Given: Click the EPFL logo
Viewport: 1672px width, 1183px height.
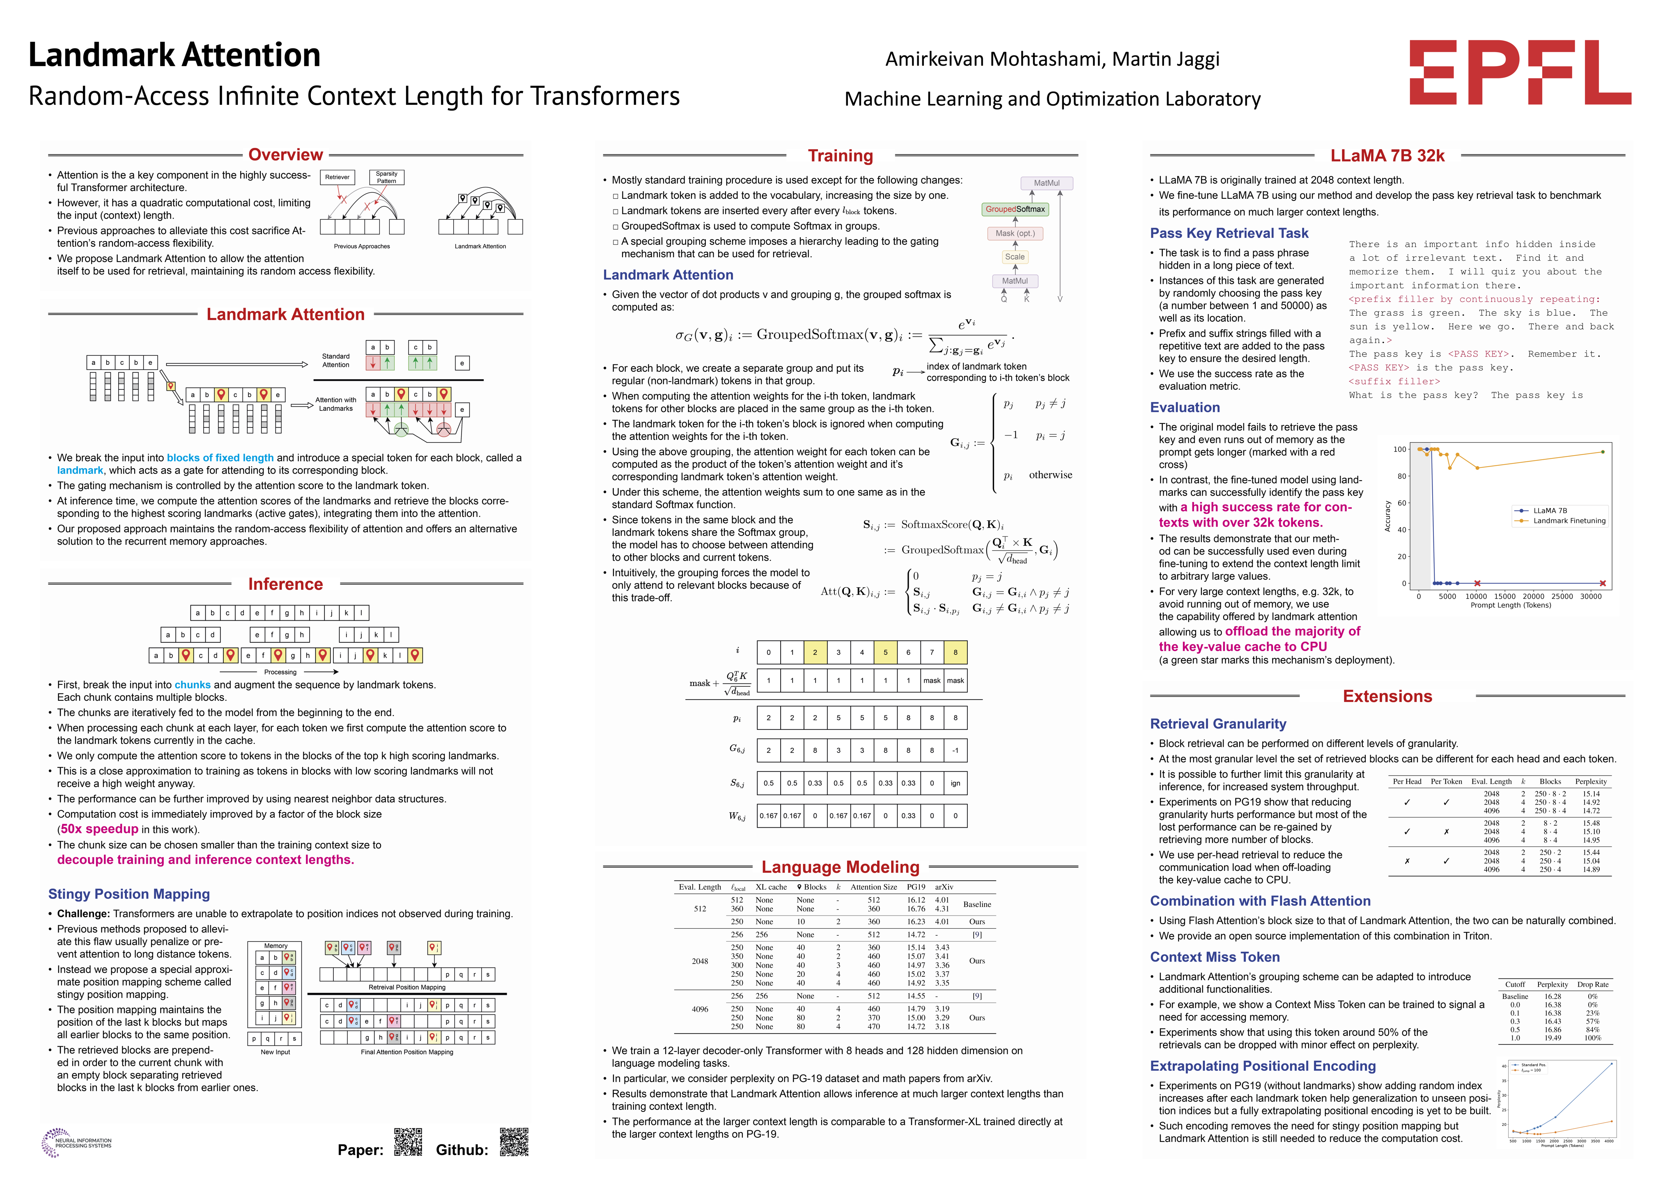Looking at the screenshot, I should pyautogui.click(x=1520, y=72).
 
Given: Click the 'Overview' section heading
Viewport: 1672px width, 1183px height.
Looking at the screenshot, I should pyautogui.click(x=285, y=154).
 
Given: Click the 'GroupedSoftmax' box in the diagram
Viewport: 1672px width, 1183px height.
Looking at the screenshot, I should pyautogui.click(x=1015, y=209).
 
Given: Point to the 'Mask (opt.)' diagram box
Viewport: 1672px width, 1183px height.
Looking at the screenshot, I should pyautogui.click(x=1015, y=233).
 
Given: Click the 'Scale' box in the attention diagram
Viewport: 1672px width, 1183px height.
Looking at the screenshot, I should pyautogui.click(x=1015, y=256).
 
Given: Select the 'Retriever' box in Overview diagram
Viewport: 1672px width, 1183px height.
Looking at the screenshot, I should pyautogui.click(x=337, y=177).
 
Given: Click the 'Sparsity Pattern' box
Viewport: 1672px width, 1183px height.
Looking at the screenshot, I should pyautogui.click(x=387, y=177).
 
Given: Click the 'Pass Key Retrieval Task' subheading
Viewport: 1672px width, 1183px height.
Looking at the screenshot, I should pyautogui.click(x=1229, y=233).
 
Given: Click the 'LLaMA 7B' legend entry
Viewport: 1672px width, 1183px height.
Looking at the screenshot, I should pyautogui.click(x=1550, y=511).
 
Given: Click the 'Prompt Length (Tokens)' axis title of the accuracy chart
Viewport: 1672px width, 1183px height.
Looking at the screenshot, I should pyautogui.click(x=1510, y=605).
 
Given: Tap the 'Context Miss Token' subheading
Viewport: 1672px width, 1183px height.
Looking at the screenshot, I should pyautogui.click(x=1215, y=957).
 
